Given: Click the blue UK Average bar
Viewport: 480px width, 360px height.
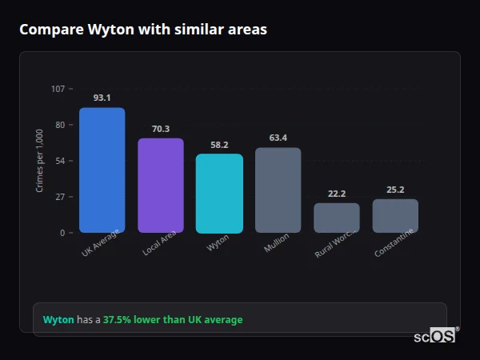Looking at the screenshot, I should point(102,170).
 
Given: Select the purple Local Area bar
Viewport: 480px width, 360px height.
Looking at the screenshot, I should point(161,186).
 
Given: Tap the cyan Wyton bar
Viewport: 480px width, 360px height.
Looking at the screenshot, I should point(219,194).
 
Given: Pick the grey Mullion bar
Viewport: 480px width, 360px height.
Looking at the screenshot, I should point(278,190).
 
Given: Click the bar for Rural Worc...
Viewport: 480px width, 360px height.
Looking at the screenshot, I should point(337,218).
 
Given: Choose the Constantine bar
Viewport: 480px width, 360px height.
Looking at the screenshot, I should point(395,216).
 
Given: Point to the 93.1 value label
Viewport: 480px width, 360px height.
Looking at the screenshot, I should point(102,98).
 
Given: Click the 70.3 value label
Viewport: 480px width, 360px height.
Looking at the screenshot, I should point(161,129).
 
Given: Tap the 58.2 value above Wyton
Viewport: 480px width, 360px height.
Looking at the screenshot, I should point(219,145).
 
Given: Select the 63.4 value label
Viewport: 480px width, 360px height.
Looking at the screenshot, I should point(278,138).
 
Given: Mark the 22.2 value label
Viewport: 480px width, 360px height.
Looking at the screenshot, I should point(337,194).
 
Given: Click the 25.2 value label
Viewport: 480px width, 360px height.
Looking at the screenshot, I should point(395,190).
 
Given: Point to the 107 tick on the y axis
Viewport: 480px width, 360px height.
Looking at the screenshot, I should point(58,89).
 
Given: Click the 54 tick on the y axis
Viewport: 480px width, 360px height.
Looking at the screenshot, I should point(60,161).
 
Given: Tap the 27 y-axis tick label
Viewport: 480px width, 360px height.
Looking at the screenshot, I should point(60,197).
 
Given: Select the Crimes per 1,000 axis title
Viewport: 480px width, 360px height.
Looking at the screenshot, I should point(40,160).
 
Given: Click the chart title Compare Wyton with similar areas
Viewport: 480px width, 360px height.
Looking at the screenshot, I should point(143,30).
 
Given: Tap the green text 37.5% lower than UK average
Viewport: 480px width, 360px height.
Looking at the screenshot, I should point(173,320).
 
